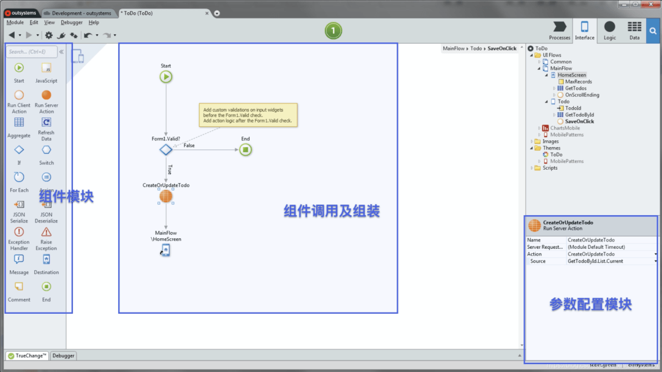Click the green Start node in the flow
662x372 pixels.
[x=165, y=77]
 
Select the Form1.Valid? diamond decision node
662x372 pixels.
[x=165, y=150]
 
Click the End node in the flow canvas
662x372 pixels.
[x=245, y=150]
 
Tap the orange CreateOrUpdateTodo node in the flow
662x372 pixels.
[x=165, y=197]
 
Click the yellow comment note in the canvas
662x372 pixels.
[x=248, y=115]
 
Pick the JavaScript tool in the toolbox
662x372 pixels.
[x=46, y=69]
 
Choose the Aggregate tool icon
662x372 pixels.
[x=19, y=123]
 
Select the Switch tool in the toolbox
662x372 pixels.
[x=46, y=151]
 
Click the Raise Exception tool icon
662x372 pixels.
[x=46, y=232]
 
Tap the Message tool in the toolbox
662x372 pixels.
[x=19, y=260]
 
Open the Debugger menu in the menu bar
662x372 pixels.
[x=71, y=23]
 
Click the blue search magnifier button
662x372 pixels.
[x=652, y=30]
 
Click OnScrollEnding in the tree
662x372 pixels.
[x=582, y=95]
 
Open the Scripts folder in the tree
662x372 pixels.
[x=550, y=168]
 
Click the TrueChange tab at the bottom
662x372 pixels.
[x=27, y=355]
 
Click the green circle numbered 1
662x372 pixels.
[x=333, y=30]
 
